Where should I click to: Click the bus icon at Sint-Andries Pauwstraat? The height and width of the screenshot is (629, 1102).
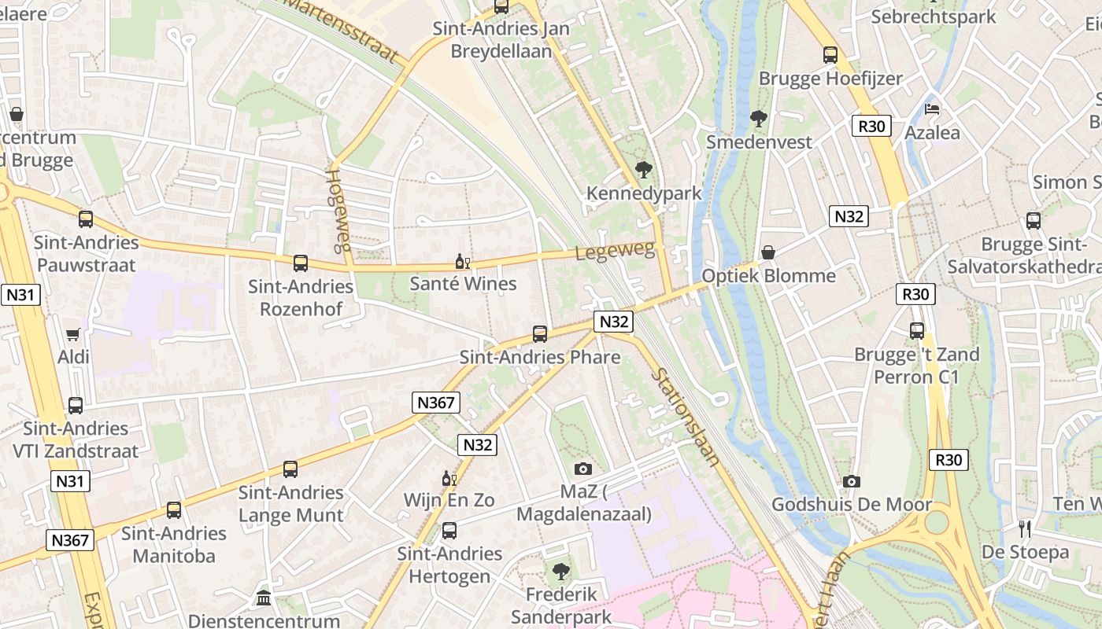click(x=86, y=219)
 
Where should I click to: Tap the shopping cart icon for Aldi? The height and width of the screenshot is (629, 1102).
click(x=73, y=334)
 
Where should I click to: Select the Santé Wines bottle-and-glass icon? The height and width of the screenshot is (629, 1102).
click(x=462, y=261)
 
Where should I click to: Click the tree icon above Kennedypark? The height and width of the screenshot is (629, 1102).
click(x=643, y=170)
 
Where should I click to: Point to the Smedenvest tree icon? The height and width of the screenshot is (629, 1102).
click(x=759, y=119)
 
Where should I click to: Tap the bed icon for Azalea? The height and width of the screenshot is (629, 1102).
click(x=932, y=109)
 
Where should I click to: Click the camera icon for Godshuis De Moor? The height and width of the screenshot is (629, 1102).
click(x=851, y=481)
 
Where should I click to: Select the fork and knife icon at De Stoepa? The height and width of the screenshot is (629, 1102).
click(x=1024, y=528)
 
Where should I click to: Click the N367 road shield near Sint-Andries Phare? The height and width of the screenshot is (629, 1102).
click(x=435, y=403)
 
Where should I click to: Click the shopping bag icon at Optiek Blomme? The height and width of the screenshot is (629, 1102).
click(x=768, y=252)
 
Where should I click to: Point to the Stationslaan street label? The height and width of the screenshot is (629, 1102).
click(x=686, y=417)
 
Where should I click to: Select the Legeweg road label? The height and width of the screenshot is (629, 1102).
click(x=615, y=252)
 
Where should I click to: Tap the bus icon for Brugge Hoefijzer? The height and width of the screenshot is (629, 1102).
click(x=830, y=55)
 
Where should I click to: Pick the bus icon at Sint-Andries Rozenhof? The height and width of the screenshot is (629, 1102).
click(x=300, y=263)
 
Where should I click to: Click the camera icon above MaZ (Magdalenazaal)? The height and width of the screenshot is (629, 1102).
click(x=582, y=469)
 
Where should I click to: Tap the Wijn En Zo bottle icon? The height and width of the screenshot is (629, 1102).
click(x=449, y=477)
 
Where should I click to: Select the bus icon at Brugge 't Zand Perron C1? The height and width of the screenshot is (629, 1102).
click(x=917, y=331)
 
